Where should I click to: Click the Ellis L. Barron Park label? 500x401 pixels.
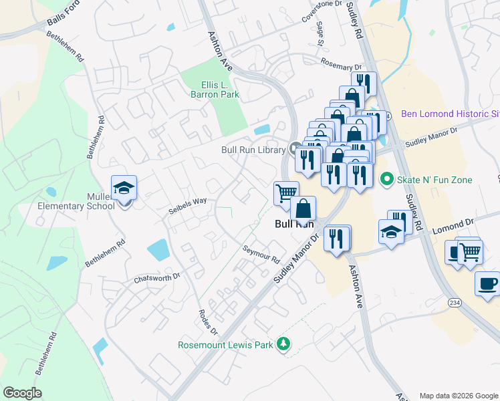click(x=220, y=90)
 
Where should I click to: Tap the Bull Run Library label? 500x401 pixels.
click(x=253, y=150)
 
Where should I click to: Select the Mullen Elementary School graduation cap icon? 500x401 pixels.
click(x=124, y=188)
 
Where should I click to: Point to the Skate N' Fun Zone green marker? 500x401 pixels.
click(x=386, y=179)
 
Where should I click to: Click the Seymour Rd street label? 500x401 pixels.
click(x=261, y=253)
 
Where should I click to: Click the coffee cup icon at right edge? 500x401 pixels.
click(x=487, y=283)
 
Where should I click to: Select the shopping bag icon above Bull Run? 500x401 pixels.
click(x=303, y=209)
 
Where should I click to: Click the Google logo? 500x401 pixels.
click(x=22, y=393)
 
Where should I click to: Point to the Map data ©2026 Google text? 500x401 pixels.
click(x=459, y=396)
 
